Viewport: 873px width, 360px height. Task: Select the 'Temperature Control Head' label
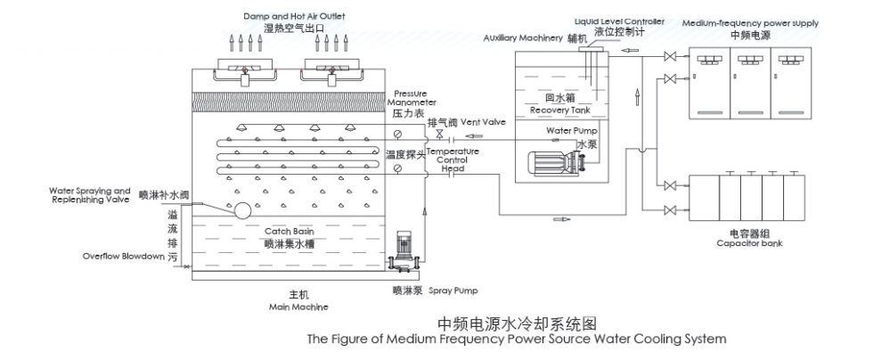pos(453,159)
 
